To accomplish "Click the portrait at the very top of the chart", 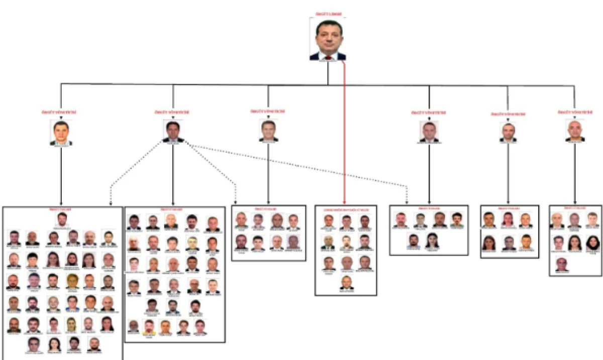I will pyautogui.click(x=328, y=39).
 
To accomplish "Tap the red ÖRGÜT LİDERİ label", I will pyautogui.click(x=328, y=14).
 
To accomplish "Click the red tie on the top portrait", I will pyautogui.click(x=328, y=57).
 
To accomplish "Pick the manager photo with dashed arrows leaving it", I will pyautogui.click(x=173, y=131).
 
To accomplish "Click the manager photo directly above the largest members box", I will pyautogui.click(x=61, y=133).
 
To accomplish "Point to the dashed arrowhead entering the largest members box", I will pyautogui.click(x=111, y=203).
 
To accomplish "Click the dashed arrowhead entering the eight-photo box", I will pyautogui.click(x=236, y=202).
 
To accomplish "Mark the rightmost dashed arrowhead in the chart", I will pyautogui.click(x=407, y=202).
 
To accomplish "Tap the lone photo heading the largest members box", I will pyautogui.click(x=62, y=219).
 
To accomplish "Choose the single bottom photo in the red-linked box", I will pyautogui.click(x=346, y=282).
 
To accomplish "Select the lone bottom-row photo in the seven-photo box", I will pyautogui.click(x=561, y=264).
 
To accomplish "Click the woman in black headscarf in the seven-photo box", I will pyautogui.click(x=592, y=243).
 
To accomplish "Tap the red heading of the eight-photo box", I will pyautogui.click(x=269, y=208).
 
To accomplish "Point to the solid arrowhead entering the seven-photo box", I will pyautogui.click(x=575, y=202).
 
